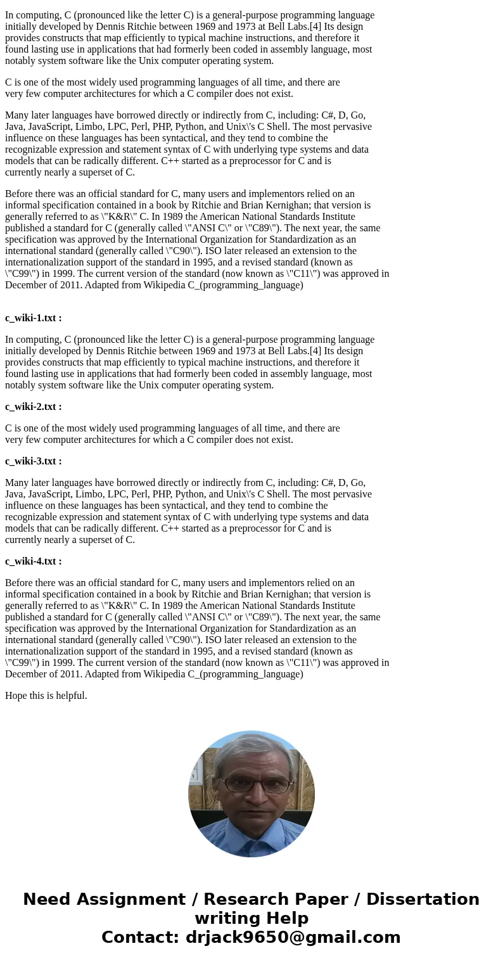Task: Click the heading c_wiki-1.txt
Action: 33,318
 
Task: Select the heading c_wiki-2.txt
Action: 33,407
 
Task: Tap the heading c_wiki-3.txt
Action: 33,461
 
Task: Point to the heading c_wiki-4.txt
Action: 33,561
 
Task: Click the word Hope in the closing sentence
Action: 17,696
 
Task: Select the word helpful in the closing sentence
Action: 69,696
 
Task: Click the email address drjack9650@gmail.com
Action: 293,938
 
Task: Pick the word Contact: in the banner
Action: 140,938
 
